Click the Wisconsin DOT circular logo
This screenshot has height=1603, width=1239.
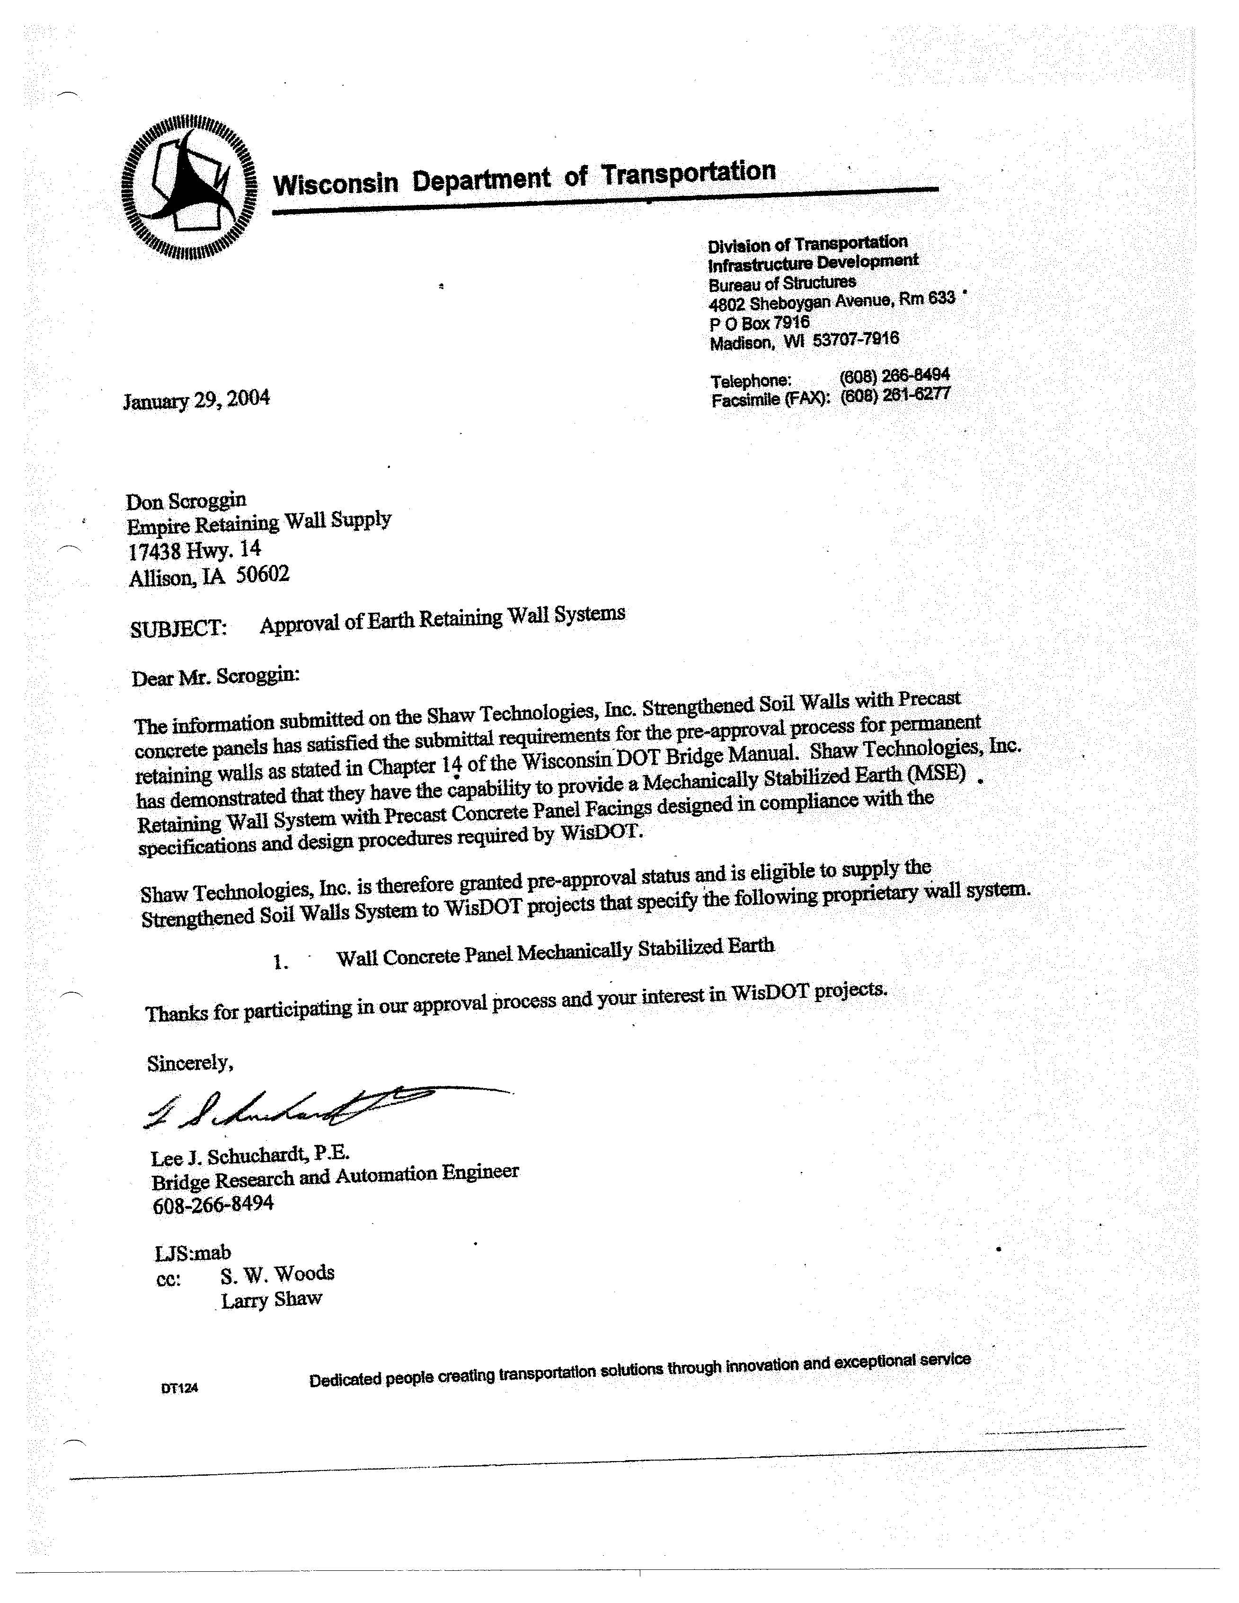189,187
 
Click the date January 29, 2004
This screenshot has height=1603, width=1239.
197,400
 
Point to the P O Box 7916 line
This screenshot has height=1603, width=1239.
759,323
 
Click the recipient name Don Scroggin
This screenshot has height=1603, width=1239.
186,502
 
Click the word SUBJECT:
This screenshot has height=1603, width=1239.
178,629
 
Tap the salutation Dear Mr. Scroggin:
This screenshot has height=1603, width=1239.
216,677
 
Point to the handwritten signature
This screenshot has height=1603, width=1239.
293,1106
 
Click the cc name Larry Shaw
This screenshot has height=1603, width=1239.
272,1300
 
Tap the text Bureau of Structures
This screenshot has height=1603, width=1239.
782,282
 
